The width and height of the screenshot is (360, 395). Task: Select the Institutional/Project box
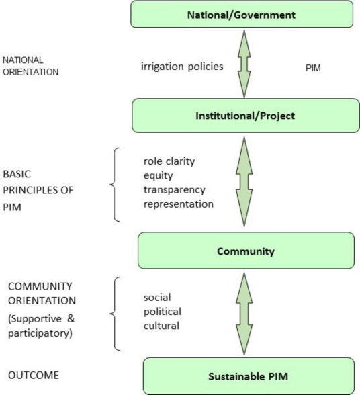242,115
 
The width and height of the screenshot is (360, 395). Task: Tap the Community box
245,251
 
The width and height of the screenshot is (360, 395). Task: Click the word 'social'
156,297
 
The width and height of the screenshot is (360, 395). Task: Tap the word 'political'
161,311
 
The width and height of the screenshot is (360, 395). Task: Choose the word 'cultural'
161,325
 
